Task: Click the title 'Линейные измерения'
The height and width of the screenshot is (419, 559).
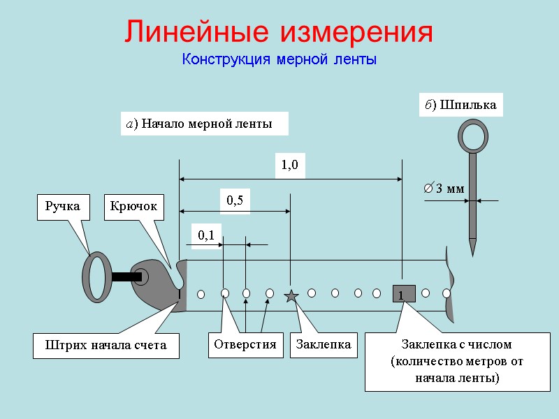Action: [279, 32]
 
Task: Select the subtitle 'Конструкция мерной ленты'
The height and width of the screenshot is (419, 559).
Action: [279, 60]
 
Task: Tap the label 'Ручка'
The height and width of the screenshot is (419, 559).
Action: [63, 207]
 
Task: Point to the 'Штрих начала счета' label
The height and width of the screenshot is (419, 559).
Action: [106, 346]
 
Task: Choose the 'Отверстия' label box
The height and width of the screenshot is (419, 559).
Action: [245, 345]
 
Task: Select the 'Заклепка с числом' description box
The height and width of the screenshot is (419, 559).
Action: [457, 361]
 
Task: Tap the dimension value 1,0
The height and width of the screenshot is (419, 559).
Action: [289, 166]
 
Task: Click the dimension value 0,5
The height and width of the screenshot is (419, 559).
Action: [235, 200]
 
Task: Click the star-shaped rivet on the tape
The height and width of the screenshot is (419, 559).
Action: [291, 296]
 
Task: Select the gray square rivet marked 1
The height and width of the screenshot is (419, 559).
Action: [404, 294]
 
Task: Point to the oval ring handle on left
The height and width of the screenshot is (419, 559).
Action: [96, 277]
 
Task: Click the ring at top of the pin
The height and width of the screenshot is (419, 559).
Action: [472, 135]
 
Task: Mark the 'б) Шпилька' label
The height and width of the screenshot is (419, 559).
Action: [461, 105]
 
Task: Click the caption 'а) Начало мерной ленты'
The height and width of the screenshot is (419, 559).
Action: [201, 124]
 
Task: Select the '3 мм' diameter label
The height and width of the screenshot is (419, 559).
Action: [444, 189]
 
